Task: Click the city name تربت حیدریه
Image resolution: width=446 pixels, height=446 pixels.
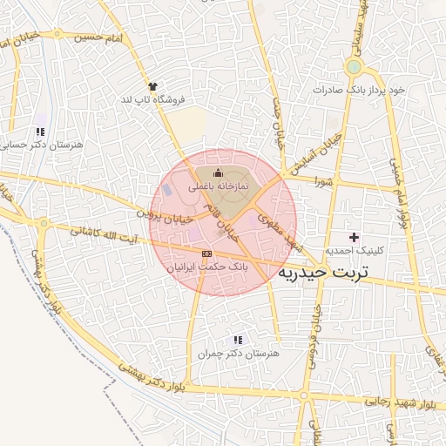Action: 323,273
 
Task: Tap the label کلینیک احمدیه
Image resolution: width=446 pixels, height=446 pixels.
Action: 354,249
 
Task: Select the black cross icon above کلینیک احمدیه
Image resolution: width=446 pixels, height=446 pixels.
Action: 354,237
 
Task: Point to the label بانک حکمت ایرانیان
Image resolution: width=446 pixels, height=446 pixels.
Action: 206,266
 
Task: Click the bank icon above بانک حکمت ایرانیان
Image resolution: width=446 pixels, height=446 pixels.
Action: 206,253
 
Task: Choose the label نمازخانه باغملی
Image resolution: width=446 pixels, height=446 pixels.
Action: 218,186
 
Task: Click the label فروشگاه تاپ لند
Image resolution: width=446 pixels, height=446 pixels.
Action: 153,99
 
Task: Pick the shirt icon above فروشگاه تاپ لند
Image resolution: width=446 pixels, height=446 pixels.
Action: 153,86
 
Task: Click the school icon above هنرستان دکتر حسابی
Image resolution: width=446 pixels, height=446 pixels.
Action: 40,132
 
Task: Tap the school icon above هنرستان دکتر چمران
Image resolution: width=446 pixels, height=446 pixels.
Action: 238,341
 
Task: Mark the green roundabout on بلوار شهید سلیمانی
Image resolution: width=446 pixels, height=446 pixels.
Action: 353,67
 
